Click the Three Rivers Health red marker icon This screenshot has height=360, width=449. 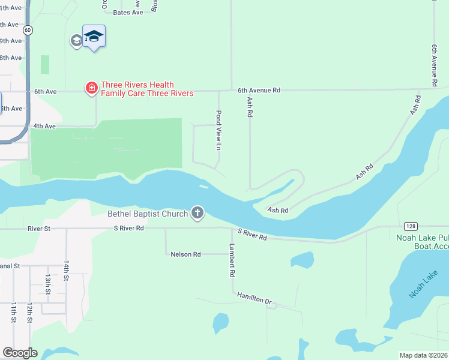(x=91, y=89)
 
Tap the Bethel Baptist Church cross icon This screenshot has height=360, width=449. (x=197, y=212)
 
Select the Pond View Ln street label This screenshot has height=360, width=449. (x=219, y=130)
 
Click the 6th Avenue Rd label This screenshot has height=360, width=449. (x=259, y=91)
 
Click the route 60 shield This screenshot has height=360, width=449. (x=28, y=30)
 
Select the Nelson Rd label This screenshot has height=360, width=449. (x=185, y=254)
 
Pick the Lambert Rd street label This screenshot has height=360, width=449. (x=232, y=260)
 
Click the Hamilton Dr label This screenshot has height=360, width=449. (x=254, y=297)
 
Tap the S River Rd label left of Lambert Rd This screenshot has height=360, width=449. (x=128, y=229)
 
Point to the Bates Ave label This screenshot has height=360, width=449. (x=128, y=12)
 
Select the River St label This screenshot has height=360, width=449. (x=39, y=229)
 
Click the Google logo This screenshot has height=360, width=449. (x=20, y=353)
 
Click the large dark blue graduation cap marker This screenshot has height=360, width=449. (x=94, y=37)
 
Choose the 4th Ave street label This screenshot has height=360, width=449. (x=44, y=126)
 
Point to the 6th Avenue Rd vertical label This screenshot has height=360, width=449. (x=433, y=64)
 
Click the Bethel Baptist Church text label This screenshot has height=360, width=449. (x=148, y=214)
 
